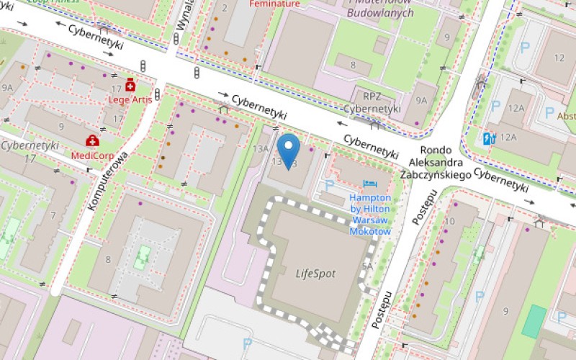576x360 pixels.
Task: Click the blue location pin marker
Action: click(289, 149)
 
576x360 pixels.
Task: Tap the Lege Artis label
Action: click(130, 99)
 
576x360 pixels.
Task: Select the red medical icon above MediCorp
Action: click(92, 140)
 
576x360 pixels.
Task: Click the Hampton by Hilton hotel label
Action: click(370, 214)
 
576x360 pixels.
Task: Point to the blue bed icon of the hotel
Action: click(370, 184)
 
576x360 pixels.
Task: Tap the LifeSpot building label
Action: click(315, 274)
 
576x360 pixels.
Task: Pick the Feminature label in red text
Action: click(274, 4)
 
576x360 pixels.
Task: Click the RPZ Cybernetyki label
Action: click(372, 102)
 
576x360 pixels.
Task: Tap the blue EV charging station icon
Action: click(490, 138)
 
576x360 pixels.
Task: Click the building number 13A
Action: click(260, 149)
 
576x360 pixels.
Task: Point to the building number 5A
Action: click(367, 266)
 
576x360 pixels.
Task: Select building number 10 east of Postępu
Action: click(450, 220)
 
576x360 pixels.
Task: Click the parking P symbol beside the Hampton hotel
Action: click(330, 185)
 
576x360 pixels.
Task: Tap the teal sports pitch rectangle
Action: click(534, 321)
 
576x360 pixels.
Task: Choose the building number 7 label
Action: click(53, 215)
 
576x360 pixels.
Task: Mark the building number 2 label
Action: click(225, 8)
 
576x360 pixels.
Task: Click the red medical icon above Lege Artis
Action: click(130, 85)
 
